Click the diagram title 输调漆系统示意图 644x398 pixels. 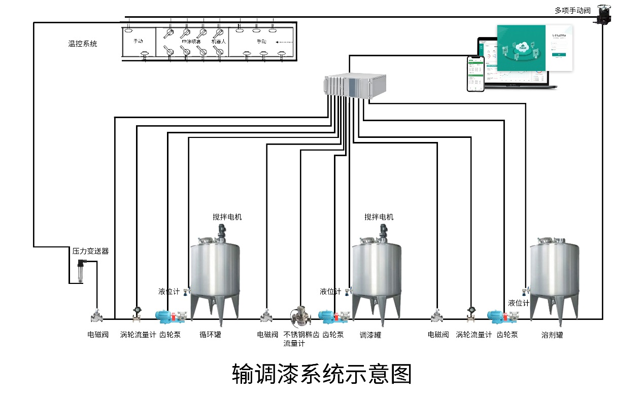pyautogui.click(x=322, y=374)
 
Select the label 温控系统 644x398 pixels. pyautogui.click(x=83, y=44)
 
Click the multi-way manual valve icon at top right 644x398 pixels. pyautogui.click(x=603, y=14)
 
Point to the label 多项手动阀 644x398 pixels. pyautogui.click(x=572, y=10)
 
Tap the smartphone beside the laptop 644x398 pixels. pyautogui.click(x=474, y=74)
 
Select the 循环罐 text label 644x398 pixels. pyautogui.click(x=210, y=335)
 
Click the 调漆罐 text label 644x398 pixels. pyautogui.click(x=370, y=335)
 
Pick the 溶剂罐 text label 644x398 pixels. pyautogui.click(x=552, y=335)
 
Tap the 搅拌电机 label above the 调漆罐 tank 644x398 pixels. pyautogui.click(x=379, y=217)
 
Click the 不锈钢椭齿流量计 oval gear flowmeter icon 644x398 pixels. pyautogui.click(x=300, y=315)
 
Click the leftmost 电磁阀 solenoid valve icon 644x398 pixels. pyautogui.click(x=96, y=316)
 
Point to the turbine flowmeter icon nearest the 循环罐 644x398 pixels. pyautogui.click(x=137, y=314)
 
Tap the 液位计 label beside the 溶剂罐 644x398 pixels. pyautogui.click(x=519, y=303)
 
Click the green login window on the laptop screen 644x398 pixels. pyautogui.click(x=521, y=48)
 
